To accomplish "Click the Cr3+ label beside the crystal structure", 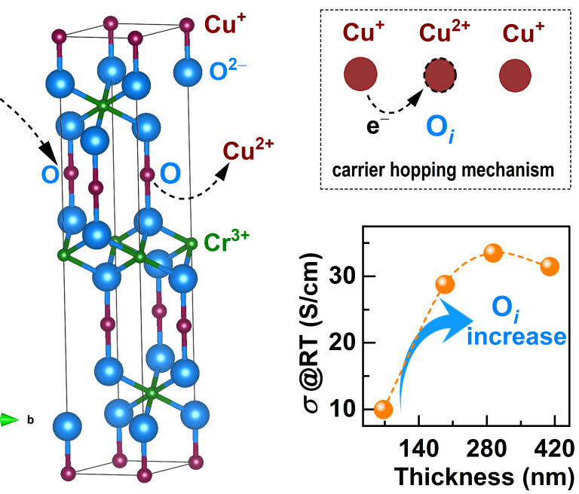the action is (x=226, y=241).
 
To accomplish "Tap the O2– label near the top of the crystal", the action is (x=228, y=69).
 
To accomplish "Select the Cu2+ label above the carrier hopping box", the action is (x=444, y=31).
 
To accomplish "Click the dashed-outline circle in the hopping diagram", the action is (x=440, y=75).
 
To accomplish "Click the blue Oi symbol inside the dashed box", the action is (x=440, y=129).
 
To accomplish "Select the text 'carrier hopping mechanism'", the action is (x=443, y=170).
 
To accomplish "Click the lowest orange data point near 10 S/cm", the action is (x=383, y=409).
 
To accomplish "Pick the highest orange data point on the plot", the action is (x=493, y=253).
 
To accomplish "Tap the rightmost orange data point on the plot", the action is (x=550, y=267).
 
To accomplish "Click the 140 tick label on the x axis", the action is (x=418, y=449).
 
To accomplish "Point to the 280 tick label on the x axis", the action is (x=487, y=449).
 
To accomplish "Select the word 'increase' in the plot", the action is (x=516, y=337).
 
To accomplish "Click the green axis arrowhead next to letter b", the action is (x=9, y=419).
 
